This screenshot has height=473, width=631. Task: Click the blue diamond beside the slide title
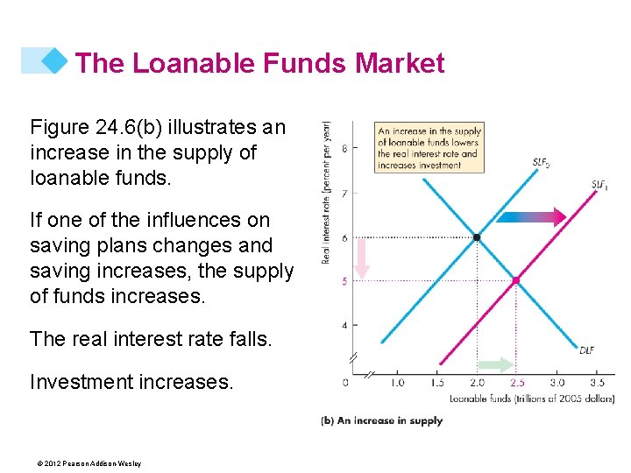click(x=54, y=60)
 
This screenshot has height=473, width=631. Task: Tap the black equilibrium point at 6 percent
click(x=476, y=237)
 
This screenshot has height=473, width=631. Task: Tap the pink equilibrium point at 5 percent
click(x=516, y=280)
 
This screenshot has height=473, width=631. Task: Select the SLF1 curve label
click(x=600, y=185)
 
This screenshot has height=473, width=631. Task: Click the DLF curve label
click(x=586, y=350)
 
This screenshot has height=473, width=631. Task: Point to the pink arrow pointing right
click(x=545, y=216)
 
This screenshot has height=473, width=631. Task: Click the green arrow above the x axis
click(x=496, y=365)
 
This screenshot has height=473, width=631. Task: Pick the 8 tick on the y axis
click(x=344, y=148)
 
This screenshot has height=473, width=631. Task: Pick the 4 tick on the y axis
click(x=344, y=325)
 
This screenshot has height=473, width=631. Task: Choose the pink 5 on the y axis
click(x=344, y=281)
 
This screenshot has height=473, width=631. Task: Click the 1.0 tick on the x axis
click(x=397, y=383)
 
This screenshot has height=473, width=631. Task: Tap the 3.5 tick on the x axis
click(x=597, y=383)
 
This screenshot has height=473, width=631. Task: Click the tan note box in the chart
click(x=429, y=147)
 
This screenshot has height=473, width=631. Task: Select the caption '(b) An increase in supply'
click(x=381, y=421)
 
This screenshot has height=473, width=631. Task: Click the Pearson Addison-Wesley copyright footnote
click(x=85, y=463)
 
